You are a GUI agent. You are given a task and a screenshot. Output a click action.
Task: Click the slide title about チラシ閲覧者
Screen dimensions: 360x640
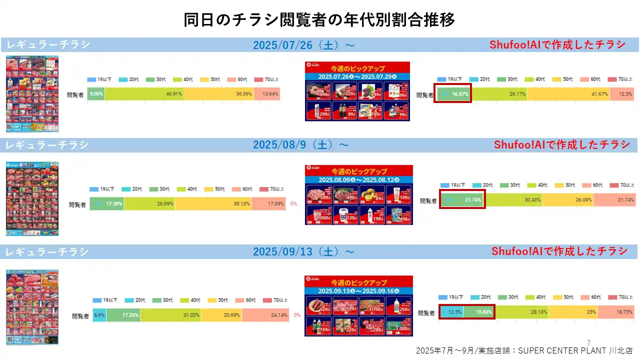319,20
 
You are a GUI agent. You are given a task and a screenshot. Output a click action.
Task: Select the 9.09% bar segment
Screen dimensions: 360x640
96,93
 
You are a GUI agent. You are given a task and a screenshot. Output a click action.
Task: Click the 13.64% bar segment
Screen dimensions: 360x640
266,93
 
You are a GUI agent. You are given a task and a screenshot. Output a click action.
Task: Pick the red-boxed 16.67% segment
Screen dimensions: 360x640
452,94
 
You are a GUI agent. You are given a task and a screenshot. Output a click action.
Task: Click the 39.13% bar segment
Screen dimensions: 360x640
213,204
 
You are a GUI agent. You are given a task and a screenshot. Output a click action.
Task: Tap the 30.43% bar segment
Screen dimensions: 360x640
513,200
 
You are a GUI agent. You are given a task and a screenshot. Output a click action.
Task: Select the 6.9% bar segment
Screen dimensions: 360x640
99,315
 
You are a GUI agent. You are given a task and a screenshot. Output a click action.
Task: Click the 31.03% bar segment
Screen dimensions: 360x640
170,315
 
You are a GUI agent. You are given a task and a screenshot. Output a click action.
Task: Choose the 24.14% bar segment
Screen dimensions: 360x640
265,315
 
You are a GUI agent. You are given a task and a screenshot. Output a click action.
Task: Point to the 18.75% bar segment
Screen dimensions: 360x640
616,311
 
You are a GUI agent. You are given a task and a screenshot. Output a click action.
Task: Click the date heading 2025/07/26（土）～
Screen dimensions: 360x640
304,45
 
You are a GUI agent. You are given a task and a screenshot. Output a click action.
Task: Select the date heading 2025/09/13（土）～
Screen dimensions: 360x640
304,251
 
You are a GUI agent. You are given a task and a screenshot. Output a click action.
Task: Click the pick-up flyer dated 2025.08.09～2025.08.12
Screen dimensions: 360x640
358,195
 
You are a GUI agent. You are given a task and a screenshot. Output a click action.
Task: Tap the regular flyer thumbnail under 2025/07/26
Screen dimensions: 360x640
32,94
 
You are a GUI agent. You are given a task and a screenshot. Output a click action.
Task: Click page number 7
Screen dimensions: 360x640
588,342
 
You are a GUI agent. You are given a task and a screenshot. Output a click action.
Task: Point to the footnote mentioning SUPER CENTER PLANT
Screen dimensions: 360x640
524,351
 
